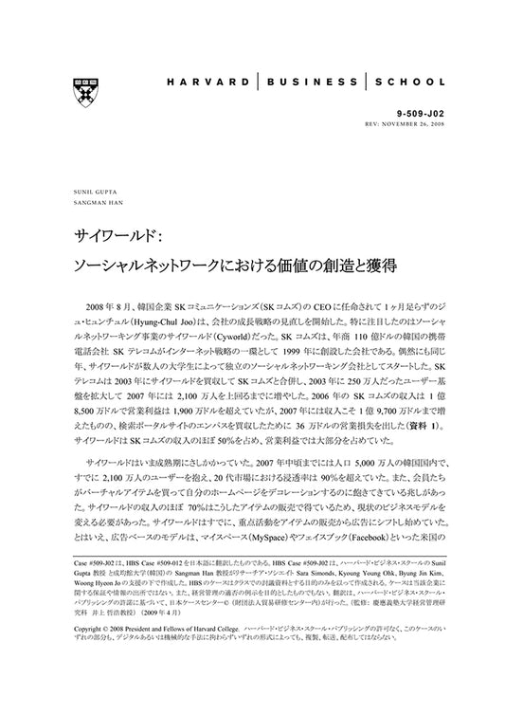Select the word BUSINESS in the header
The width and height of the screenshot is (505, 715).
pyautogui.click(x=322, y=83)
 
